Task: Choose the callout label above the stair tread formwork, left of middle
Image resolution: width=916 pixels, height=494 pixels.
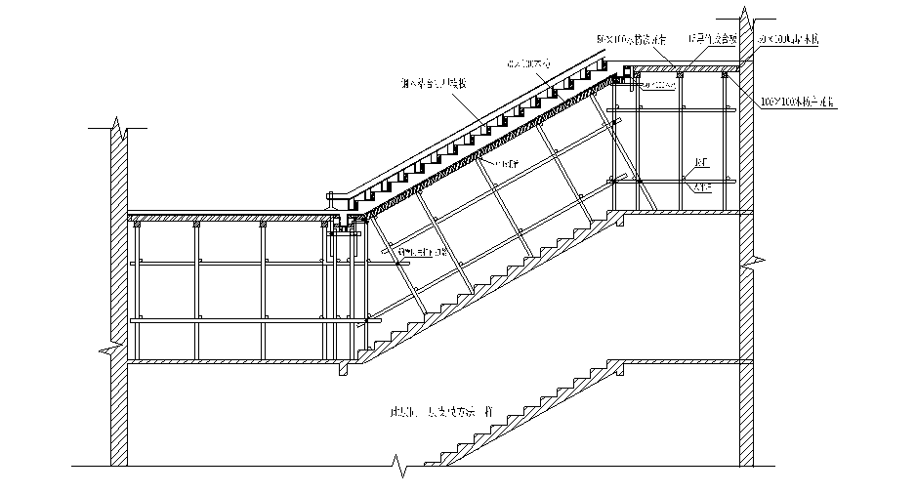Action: pyautogui.click(x=434, y=84)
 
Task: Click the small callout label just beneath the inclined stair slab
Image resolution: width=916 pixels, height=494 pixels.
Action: pyautogui.click(x=506, y=164)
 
